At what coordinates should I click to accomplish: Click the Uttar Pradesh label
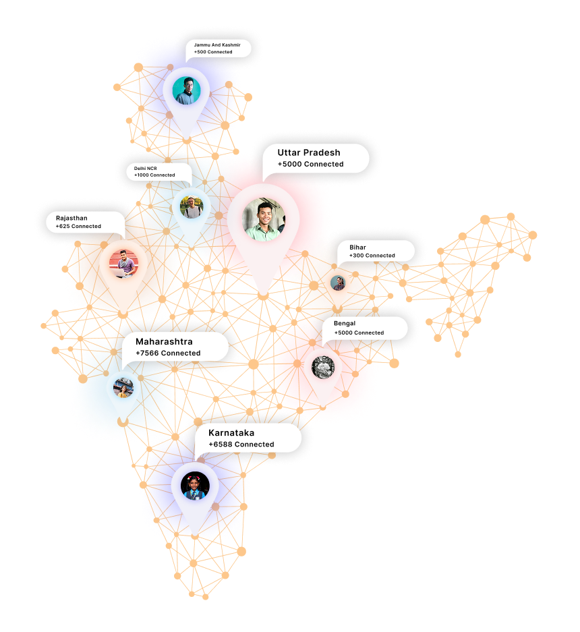(309, 152)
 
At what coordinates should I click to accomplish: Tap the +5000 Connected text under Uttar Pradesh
(310, 164)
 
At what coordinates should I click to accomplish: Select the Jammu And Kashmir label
(217, 45)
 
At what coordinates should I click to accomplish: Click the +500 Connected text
(213, 52)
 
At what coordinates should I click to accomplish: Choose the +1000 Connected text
(154, 175)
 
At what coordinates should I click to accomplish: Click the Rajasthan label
(71, 218)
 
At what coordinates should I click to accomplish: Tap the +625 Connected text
(78, 227)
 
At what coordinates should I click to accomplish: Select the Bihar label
(357, 248)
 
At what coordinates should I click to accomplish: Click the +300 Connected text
(372, 256)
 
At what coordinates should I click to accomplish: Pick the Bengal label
(345, 324)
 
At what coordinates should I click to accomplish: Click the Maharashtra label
(164, 341)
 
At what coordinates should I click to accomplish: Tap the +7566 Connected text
(168, 353)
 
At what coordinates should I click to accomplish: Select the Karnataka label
(231, 432)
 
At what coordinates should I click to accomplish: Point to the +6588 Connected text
(241, 444)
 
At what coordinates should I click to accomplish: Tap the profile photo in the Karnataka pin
(195, 486)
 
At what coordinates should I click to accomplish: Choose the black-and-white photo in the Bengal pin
(323, 368)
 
